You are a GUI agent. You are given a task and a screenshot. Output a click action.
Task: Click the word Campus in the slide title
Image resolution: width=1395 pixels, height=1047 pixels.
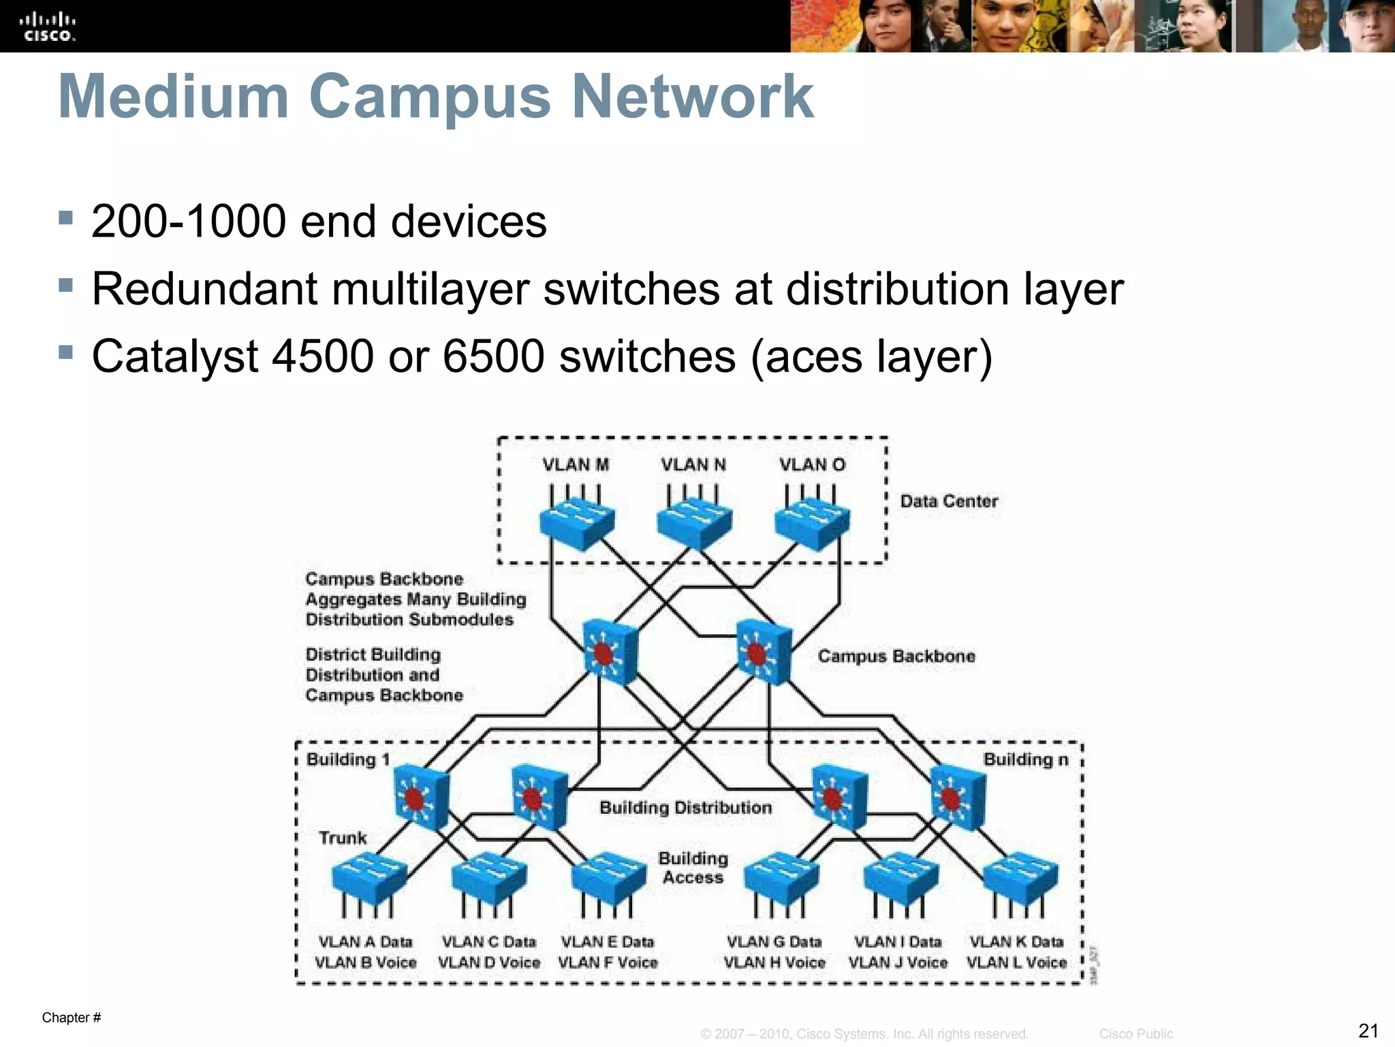(x=429, y=97)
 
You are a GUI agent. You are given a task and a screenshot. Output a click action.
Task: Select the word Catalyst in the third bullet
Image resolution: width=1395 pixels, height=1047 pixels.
(x=175, y=356)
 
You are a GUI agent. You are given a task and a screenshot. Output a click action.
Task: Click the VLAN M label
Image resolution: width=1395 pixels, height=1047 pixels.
(x=576, y=465)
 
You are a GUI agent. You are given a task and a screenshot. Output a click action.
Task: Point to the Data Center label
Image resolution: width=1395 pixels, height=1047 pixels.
(x=949, y=502)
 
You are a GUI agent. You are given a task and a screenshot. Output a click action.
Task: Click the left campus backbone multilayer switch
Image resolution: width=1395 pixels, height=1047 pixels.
(x=610, y=652)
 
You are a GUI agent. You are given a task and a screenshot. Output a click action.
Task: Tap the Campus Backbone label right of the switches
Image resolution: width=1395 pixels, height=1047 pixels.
(x=896, y=656)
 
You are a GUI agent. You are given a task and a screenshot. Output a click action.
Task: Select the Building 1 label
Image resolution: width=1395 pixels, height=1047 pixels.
(x=347, y=759)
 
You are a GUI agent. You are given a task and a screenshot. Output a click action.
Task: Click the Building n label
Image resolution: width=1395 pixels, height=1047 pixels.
(x=1026, y=759)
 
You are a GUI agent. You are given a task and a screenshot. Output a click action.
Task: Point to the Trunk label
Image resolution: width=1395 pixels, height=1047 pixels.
(x=343, y=838)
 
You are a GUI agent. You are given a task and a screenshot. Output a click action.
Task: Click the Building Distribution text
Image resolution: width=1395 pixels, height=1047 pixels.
(x=685, y=808)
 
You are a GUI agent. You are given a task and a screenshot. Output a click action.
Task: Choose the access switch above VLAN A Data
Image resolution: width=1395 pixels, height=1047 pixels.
(x=369, y=879)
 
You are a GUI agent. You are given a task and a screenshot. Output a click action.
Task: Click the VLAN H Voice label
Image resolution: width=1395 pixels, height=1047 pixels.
(x=774, y=962)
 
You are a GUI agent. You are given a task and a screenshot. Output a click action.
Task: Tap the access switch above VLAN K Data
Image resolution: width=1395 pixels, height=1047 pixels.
(x=1020, y=879)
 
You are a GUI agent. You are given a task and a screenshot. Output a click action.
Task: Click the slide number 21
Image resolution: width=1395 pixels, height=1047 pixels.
(x=1368, y=1030)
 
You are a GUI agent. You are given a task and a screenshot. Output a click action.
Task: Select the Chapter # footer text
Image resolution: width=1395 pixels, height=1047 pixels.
(x=72, y=1018)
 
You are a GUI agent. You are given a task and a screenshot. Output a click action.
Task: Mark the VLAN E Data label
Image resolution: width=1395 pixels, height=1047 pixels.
(x=607, y=942)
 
